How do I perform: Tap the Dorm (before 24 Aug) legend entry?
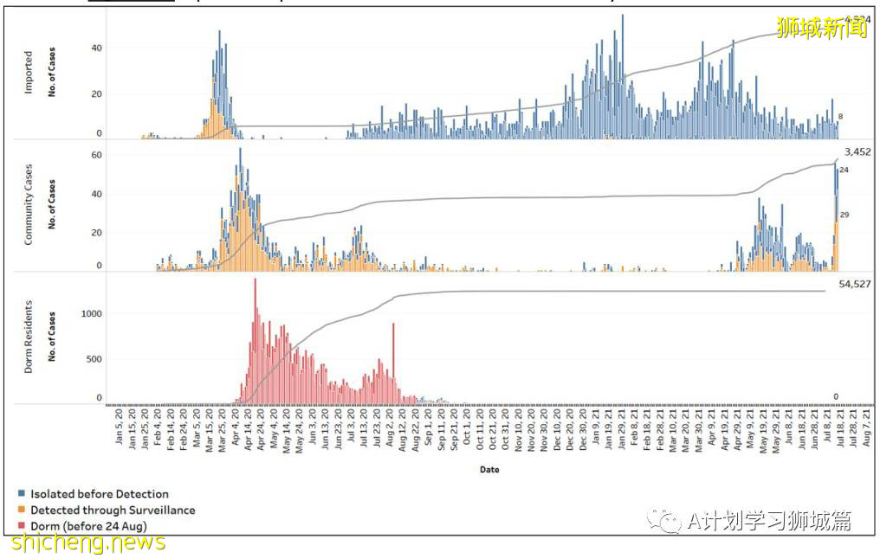pyautogui.click(x=87, y=526)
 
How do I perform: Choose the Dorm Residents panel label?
pyautogui.click(x=28, y=337)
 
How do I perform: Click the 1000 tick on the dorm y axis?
pyautogui.click(x=91, y=313)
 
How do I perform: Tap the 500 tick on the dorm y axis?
pyautogui.click(x=94, y=359)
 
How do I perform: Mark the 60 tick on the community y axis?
pyautogui.click(x=97, y=155)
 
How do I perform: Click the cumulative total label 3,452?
pyautogui.click(x=857, y=152)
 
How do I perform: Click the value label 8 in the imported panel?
pyautogui.click(x=841, y=116)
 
